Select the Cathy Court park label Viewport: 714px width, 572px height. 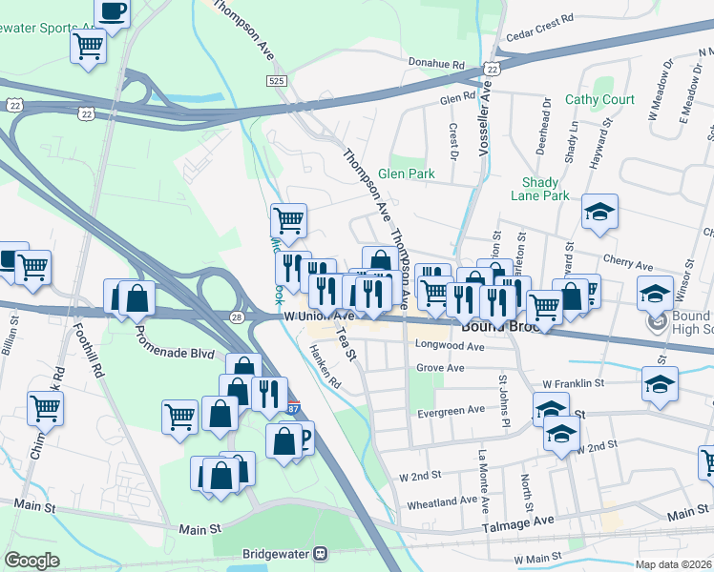coord(599,99)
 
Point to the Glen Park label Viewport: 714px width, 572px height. coord(406,174)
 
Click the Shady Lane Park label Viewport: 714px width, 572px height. coord(545,189)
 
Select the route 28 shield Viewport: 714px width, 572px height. coord(237,317)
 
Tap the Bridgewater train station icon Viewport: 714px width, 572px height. coord(322,552)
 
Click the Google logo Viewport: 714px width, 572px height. coord(32,561)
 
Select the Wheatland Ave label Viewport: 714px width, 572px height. coord(442,500)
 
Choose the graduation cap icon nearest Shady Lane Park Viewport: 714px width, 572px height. coord(599,212)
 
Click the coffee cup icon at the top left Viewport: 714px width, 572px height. coord(113,12)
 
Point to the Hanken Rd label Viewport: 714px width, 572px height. coord(325,367)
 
